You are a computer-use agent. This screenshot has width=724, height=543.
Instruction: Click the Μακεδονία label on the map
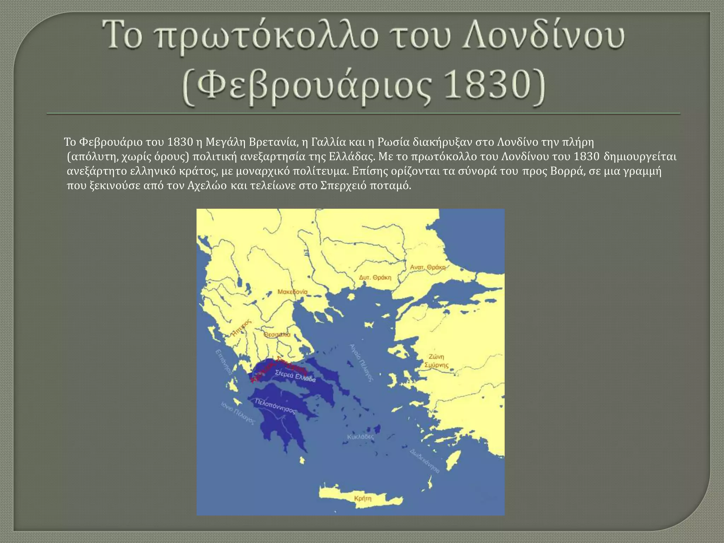coord(292,292)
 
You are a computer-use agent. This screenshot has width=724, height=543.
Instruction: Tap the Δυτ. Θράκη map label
coord(375,278)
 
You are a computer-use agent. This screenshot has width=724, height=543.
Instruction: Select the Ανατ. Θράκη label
coord(427,267)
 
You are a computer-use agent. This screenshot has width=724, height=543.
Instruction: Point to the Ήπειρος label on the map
coord(241,328)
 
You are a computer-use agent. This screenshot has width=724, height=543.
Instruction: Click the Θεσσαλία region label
coord(277,334)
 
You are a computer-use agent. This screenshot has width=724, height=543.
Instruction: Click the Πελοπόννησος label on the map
coord(275,406)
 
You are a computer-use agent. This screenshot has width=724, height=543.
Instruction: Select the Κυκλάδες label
coord(361,437)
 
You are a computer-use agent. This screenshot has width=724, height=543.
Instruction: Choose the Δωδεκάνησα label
coord(425,461)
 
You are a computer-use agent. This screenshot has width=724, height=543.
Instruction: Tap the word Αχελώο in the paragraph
coord(205,186)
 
